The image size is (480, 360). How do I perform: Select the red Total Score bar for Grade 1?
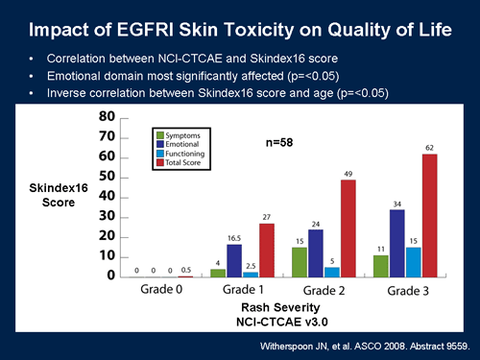tap(266, 250)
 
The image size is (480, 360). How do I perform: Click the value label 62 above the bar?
tap(430, 147)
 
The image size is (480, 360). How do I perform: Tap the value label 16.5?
tap(235, 237)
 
